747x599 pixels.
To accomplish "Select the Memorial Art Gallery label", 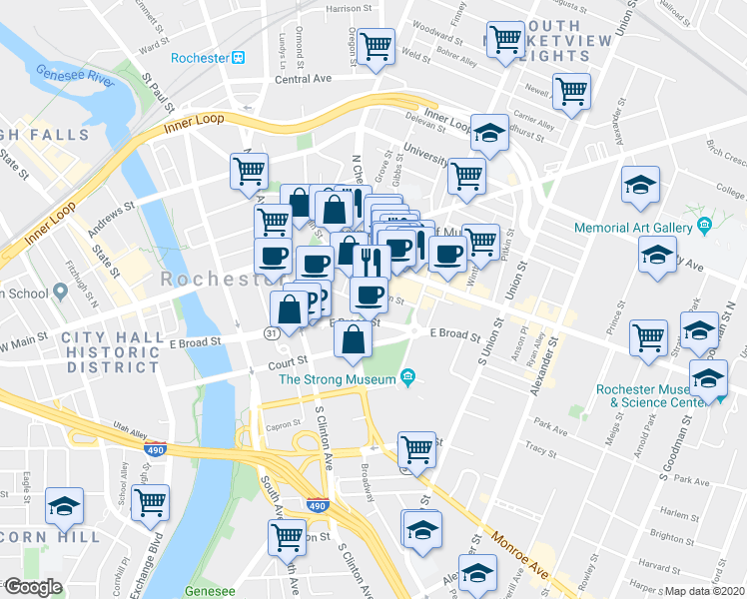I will point(633,228).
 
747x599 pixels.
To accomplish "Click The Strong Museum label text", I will point(338,378).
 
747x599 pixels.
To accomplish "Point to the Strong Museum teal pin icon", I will point(407,377).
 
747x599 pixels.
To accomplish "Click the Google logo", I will point(32,587).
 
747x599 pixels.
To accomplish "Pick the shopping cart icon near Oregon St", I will point(376,47).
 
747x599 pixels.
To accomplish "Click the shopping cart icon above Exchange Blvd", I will point(150,500).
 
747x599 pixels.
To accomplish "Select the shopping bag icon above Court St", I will point(354,340).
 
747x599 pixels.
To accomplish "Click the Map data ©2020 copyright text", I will point(704,590).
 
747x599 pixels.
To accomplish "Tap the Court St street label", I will point(287,366).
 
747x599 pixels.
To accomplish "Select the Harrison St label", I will point(349,9).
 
